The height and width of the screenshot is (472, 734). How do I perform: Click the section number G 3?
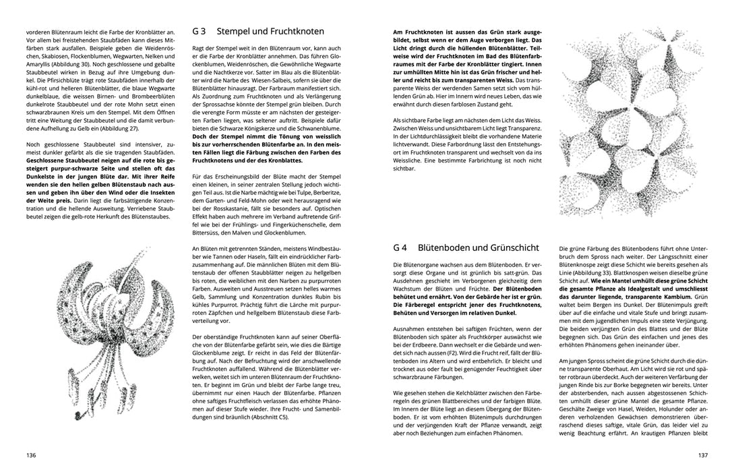(x=200, y=32)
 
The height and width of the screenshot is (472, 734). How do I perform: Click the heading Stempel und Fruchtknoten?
(x=269, y=32)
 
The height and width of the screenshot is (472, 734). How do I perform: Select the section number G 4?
(x=400, y=247)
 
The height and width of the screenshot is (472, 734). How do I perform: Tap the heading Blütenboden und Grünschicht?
(x=480, y=247)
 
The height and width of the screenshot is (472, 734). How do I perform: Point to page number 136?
(x=31, y=454)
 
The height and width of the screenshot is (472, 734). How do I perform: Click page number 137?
(x=702, y=454)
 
